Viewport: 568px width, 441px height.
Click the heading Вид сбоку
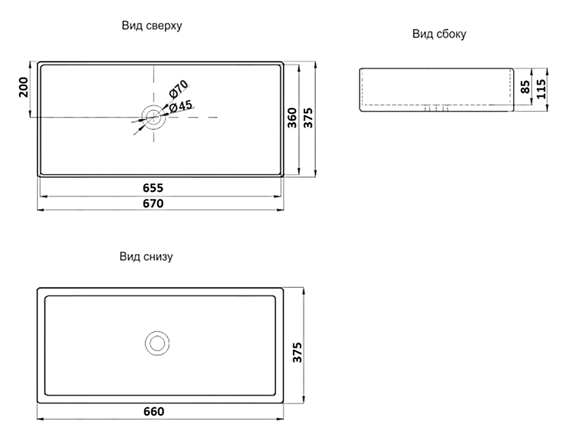tap(439, 34)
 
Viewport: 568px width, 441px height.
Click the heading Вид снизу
tap(146, 257)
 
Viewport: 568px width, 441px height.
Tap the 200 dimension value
tap(23, 87)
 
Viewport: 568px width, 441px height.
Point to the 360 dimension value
tap(292, 118)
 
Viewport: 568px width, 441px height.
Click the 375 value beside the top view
tap(308, 118)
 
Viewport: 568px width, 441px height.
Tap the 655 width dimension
tap(153, 188)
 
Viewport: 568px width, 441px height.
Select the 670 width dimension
tap(153, 204)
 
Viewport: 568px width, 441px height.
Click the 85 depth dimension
tap(525, 87)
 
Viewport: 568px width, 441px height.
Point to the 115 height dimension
tap(541, 89)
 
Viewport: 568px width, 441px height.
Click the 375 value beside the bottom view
tap(297, 352)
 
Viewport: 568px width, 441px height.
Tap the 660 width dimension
tap(154, 412)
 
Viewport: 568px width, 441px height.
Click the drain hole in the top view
tap(154, 117)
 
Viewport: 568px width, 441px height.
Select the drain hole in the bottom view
tap(157, 343)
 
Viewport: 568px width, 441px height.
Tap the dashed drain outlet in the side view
tap(436, 108)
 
